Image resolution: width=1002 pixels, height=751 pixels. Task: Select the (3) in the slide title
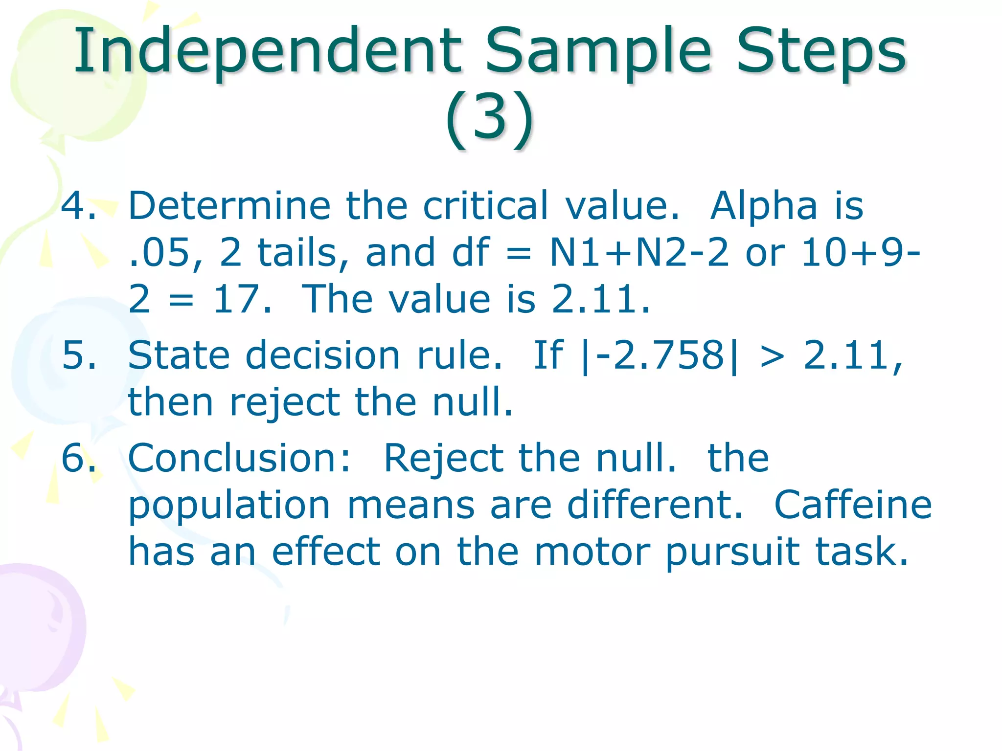490,118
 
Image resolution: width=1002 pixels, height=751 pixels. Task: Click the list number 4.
78,205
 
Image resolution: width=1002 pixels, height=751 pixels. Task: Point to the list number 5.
78,355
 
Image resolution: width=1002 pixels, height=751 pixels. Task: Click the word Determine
229,205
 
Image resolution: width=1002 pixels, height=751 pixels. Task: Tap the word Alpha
764,205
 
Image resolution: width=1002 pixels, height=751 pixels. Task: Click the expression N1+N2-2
639,253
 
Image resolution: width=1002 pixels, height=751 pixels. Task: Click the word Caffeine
853,505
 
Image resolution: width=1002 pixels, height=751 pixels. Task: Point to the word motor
592,552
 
